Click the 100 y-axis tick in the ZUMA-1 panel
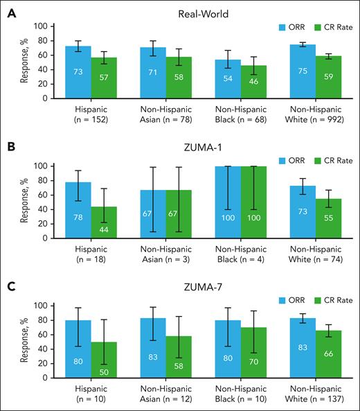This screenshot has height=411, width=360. click(39, 166)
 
